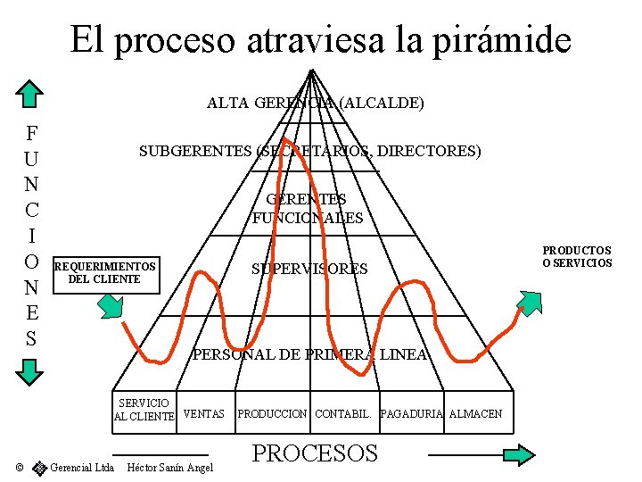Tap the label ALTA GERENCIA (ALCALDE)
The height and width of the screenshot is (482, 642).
315,103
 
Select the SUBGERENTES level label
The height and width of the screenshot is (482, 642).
309,152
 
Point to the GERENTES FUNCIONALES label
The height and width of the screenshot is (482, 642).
307,209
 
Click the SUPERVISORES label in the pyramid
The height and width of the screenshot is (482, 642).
309,269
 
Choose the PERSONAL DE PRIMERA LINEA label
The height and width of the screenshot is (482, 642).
310,354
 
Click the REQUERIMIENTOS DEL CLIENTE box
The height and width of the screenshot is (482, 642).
105,272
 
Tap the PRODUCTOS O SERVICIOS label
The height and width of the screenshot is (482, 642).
577,257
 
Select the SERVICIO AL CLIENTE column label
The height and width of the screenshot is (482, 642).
144,410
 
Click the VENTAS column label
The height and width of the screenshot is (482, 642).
203,414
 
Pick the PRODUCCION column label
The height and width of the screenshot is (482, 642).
272,414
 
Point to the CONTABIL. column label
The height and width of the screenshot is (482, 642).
343,414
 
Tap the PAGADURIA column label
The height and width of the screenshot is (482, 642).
411,414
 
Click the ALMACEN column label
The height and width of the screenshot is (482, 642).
475,414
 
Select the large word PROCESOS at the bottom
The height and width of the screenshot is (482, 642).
315,453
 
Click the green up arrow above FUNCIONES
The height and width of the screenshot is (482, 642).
31,95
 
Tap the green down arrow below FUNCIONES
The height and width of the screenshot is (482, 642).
31,371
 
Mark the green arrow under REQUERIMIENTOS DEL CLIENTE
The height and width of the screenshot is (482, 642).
111,305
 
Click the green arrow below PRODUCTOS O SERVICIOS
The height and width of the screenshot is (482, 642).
528,303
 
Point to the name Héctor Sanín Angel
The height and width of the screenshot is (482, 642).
170,468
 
